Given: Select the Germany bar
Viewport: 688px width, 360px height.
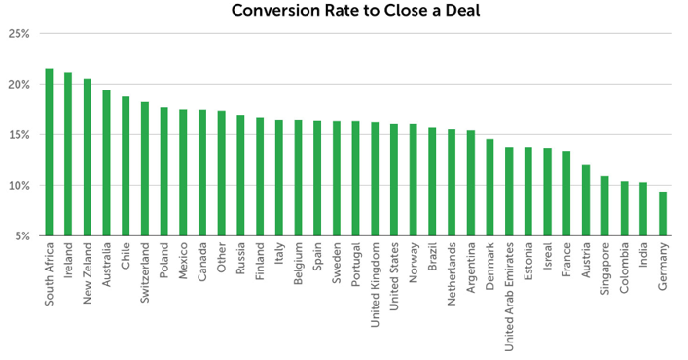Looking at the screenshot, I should (663, 214).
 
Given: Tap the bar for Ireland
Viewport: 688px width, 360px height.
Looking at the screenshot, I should (68, 155).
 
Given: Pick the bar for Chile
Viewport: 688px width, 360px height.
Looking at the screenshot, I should (126, 166).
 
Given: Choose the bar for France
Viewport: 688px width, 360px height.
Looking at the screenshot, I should (566, 194).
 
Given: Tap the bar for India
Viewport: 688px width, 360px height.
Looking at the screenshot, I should (643, 209).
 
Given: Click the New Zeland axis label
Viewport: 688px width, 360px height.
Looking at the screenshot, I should (88, 277).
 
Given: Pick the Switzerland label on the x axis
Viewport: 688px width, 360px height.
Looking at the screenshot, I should (145, 276).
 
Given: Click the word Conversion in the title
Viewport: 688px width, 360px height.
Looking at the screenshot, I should (274, 12).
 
